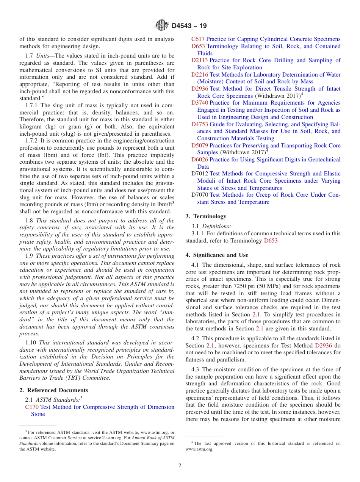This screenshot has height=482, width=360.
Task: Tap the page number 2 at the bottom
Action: pyautogui.click(x=180, y=465)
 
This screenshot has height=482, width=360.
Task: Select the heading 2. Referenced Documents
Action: pyautogui.click(x=54, y=390)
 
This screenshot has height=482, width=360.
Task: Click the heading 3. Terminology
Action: pyautogui.click(x=206, y=216)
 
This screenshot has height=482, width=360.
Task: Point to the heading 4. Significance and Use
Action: pyautogui.click(x=217, y=255)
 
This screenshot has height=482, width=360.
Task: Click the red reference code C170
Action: pyautogui.click(x=32, y=407)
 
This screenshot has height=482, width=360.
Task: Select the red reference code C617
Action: pyautogui.click(x=198, y=39)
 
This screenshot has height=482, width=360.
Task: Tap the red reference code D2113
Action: pyautogui.click(x=199, y=60)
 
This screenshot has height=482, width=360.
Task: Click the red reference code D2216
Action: pyautogui.click(x=199, y=75)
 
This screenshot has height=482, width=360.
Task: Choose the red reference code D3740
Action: pyautogui.click(x=199, y=103)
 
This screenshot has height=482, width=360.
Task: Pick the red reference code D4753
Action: pyautogui.click(x=199, y=124)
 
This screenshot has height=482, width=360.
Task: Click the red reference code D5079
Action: pyautogui.click(x=199, y=146)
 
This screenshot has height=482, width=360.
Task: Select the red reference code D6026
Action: pyautogui.click(x=199, y=160)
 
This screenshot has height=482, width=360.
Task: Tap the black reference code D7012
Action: pyautogui.click(x=199, y=174)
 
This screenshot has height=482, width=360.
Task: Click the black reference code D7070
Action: pyautogui.click(x=199, y=195)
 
